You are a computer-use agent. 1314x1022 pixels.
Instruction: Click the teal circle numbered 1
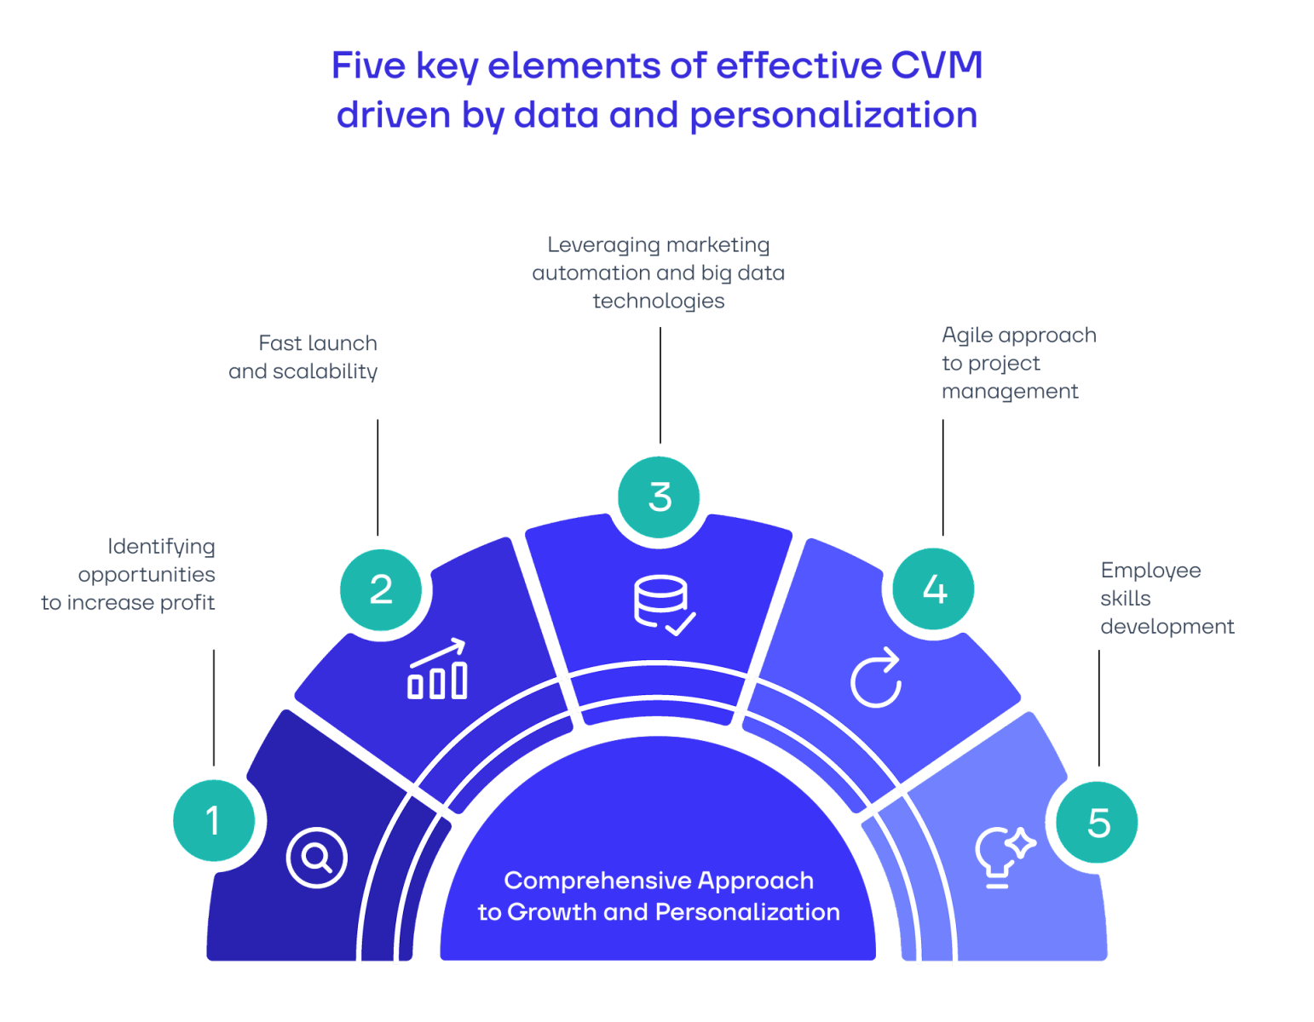tap(213, 820)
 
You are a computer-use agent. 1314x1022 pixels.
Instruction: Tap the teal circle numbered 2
tap(381, 589)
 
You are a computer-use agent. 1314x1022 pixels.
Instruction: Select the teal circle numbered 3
tap(659, 497)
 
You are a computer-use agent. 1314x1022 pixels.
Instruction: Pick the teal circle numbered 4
tap(933, 589)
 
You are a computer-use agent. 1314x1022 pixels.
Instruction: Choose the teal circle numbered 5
tap(1097, 822)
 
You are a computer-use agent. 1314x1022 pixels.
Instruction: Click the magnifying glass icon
tap(316, 858)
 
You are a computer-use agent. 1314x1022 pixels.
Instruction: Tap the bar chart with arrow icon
tap(436, 669)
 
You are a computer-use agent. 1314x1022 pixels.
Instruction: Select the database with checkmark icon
tap(664, 605)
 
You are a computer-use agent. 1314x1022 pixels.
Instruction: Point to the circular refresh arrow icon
tap(876, 678)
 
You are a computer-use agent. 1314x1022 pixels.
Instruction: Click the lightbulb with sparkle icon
tap(1005, 857)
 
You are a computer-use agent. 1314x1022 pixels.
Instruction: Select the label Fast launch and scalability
tap(303, 357)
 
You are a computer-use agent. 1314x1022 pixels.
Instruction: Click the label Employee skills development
tap(1167, 598)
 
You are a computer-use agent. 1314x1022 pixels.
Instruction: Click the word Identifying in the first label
tap(161, 547)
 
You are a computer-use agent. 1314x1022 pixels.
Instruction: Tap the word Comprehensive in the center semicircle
tap(596, 881)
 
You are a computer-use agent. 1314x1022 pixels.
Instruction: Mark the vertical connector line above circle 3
tap(660, 385)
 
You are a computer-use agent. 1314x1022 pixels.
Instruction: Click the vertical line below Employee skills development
tap(1098, 708)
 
